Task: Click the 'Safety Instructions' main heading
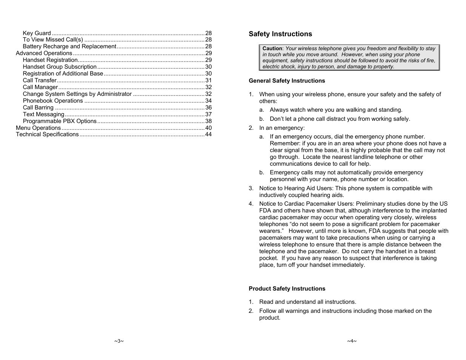pyautogui.click(x=280, y=34)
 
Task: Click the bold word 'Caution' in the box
pyautogui.click(x=272, y=48)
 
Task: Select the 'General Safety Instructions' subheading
pyautogui.click(x=286, y=81)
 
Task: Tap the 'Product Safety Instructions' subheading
pyautogui.click(x=287, y=289)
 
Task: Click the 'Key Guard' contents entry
pyautogui.click(x=37, y=33)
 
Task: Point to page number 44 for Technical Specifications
pyautogui.click(x=208, y=134)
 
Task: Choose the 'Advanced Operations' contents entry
pyautogui.click(x=44, y=53)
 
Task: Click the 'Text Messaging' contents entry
pyautogui.click(x=43, y=114)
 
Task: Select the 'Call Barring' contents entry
pyautogui.click(x=38, y=108)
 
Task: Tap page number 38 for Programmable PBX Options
pyautogui.click(x=208, y=121)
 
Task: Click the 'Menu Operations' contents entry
pyautogui.click(x=38, y=128)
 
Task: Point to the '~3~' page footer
pyautogui.click(x=119, y=341)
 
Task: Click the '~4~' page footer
pyautogui.click(x=352, y=341)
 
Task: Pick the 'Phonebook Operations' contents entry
pyautogui.click(x=53, y=101)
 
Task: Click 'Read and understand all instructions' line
pyautogui.click(x=308, y=302)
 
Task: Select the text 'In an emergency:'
pyautogui.click(x=281, y=128)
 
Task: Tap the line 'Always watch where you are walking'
pyautogui.click(x=336, y=110)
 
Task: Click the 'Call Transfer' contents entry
pyautogui.click(x=40, y=80)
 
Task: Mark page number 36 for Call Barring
pyautogui.click(x=208, y=108)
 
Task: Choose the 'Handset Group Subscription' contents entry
pyautogui.click(x=60, y=67)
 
